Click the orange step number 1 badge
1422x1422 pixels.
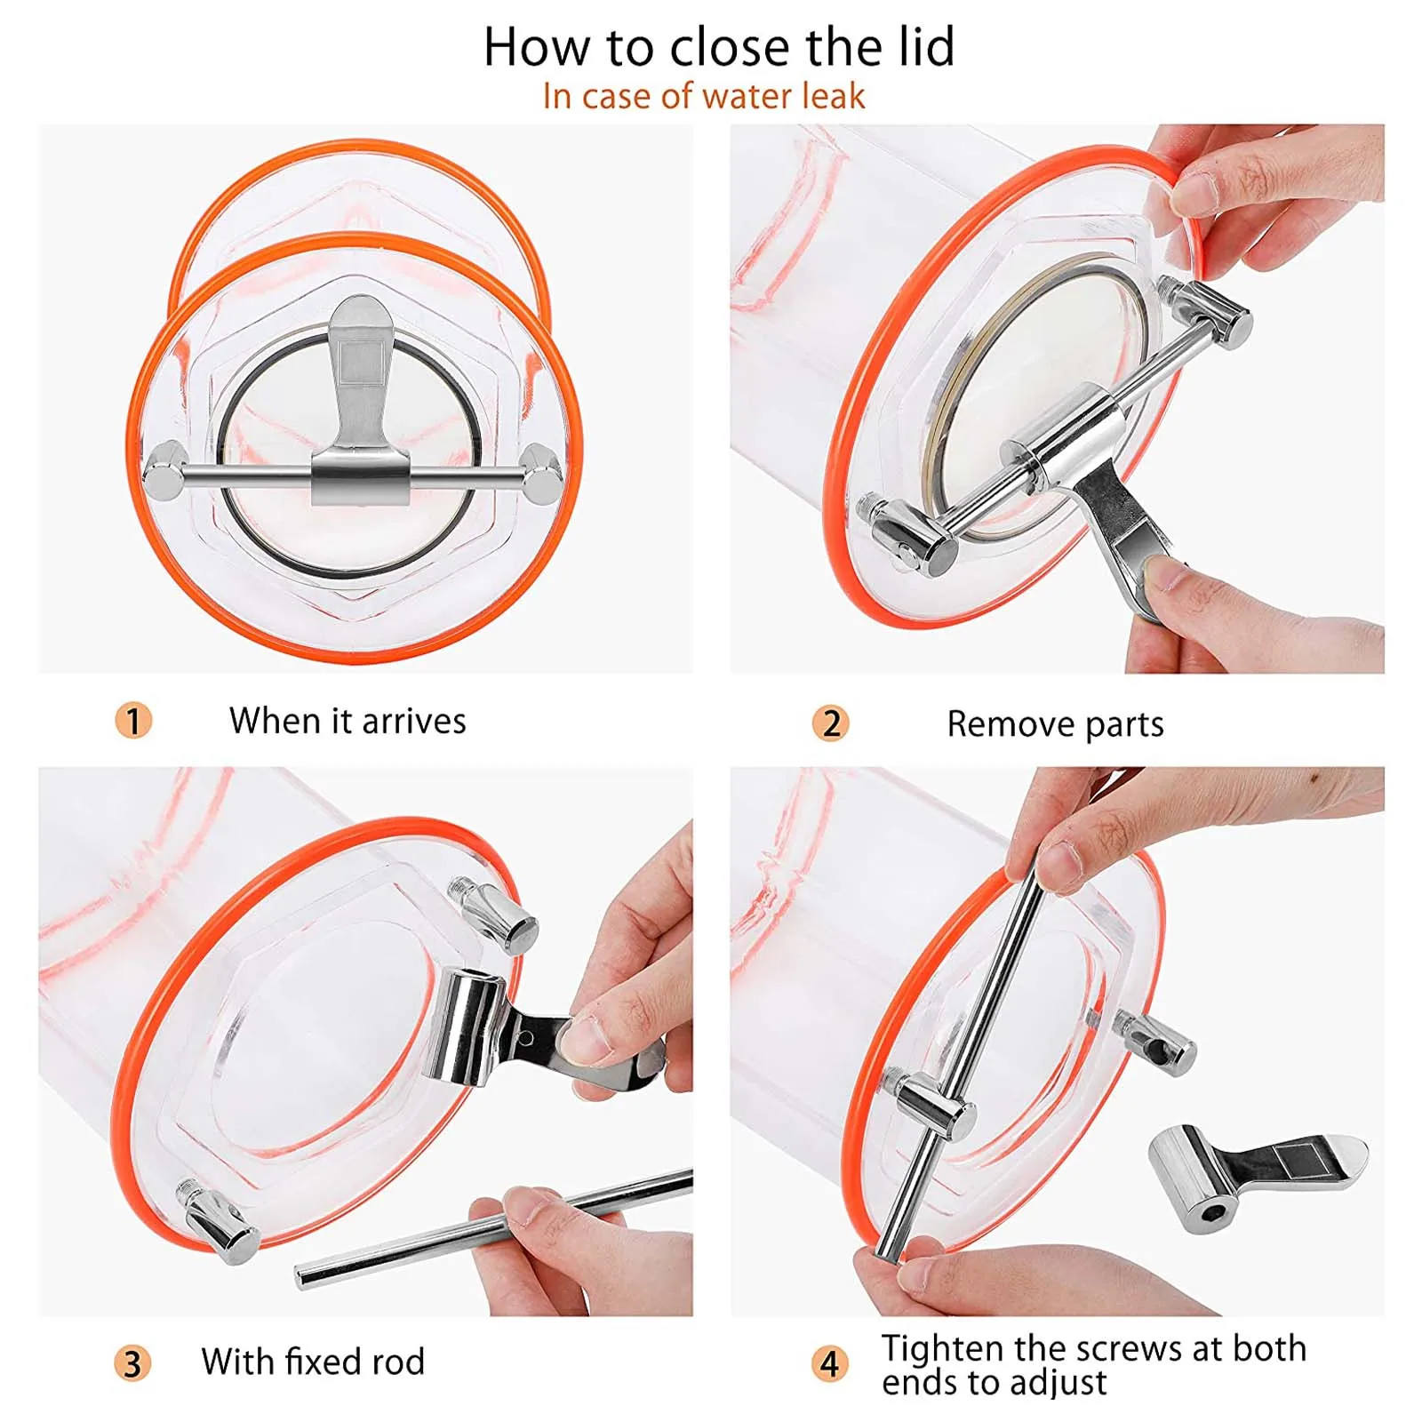133,720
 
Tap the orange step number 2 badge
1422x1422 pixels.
831,723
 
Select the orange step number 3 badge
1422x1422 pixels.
132,1362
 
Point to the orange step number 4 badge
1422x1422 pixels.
829,1362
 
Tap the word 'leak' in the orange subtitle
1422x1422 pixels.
830,96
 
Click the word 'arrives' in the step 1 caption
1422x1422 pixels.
413,721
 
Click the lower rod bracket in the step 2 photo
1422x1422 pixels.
907,536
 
